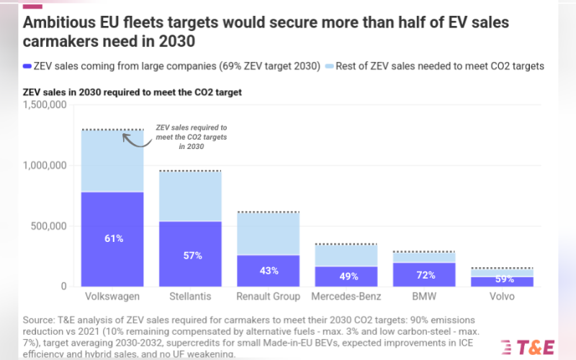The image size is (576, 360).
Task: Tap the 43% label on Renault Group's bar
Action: (268, 270)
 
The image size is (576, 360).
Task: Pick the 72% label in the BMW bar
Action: (424, 276)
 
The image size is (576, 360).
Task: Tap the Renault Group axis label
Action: (268, 297)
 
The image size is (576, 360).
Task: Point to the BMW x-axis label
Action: (424, 297)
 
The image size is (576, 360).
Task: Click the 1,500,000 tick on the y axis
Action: (45, 105)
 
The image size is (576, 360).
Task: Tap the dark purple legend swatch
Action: (27, 66)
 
